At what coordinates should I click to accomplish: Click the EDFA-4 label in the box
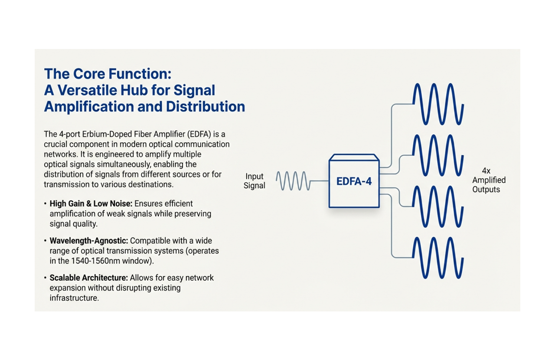coord(354,181)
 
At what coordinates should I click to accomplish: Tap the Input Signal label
coord(255,181)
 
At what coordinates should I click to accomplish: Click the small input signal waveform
coord(293,181)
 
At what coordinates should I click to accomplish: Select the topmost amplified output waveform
coord(438,104)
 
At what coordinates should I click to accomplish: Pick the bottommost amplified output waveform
coord(438,258)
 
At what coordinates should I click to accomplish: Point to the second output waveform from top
coord(438,155)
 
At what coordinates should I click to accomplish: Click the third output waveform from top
coord(438,206)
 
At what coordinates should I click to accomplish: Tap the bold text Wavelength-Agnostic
coord(89,240)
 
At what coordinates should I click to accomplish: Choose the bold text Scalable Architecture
coord(88,278)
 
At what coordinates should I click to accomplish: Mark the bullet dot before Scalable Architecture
coord(46,278)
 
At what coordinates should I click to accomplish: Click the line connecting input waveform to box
coord(320,181)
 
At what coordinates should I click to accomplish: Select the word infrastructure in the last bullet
coord(74,298)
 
